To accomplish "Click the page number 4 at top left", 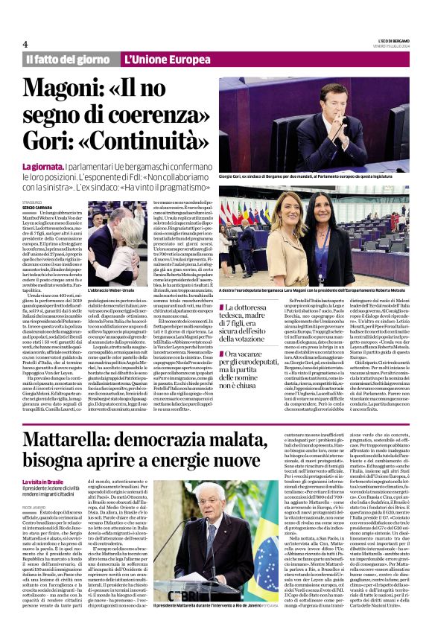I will [25, 43].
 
